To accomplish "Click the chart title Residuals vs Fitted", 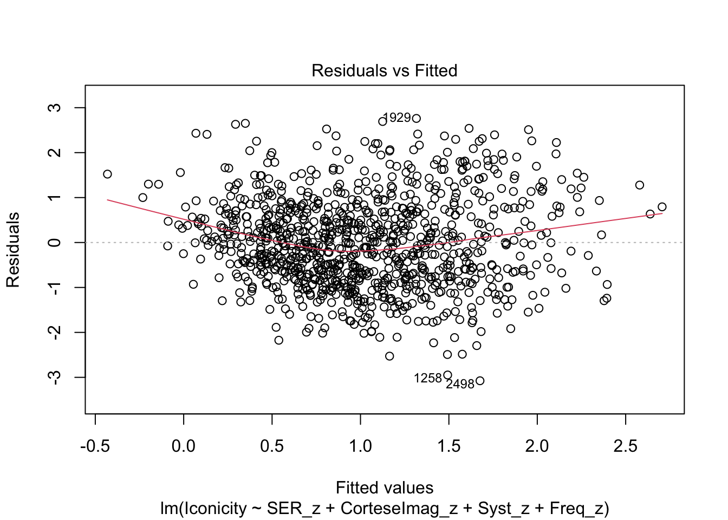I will click(x=384, y=70).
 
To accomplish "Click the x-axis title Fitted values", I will click(x=384, y=487).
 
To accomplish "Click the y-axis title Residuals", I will click(x=13, y=250).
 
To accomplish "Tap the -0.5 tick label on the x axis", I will click(x=95, y=446).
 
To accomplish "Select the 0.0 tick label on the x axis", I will click(x=184, y=446).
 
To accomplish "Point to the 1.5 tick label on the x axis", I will click(x=448, y=446).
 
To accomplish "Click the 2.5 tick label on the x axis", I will click(x=626, y=446).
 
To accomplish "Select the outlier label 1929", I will click(x=397, y=118).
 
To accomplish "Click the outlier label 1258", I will click(x=428, y=379).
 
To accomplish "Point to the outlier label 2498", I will click(x=460, y=384).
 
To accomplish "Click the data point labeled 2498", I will click(x=479, y=381).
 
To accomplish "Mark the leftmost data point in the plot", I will click(x=107, y=174).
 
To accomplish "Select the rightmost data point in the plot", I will click(x=662, y=207).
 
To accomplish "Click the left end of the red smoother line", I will click(x=107, y=200).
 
